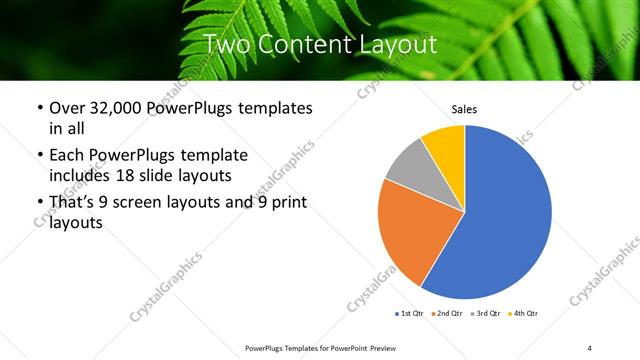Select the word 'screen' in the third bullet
pos(146,203)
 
